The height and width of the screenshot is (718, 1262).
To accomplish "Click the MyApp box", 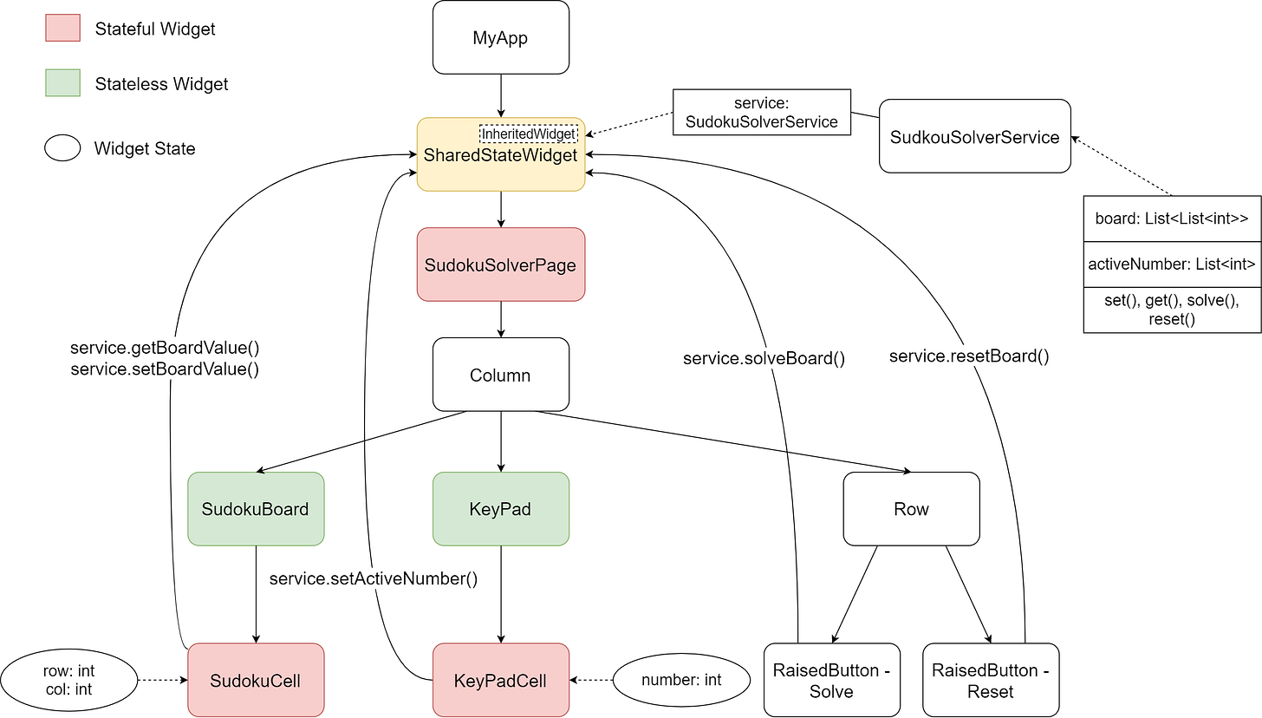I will [x=501, y=37].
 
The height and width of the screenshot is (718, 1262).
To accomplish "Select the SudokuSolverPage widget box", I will [x=501, y=264].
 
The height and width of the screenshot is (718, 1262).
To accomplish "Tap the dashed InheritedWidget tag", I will [x=528, y=134].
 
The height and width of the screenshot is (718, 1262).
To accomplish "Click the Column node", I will [x=501, y=375].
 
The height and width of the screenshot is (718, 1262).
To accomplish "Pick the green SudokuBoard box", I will [x=255, y=509].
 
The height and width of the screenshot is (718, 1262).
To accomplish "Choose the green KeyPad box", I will [x=501, y=509].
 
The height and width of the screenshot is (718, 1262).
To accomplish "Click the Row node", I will [x=911, y=509].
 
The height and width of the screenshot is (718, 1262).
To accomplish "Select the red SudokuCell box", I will [x=255, y=680].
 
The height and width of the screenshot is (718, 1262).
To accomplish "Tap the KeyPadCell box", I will [x=501, y=680].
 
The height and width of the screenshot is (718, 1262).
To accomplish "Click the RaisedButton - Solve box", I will [x=832, y=680].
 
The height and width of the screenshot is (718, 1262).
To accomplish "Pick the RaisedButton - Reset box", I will [x=991, y=680].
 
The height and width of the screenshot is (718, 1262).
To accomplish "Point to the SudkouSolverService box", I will [x=975, y=136].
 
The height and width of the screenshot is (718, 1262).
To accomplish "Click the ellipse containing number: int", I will [x=681, y=680].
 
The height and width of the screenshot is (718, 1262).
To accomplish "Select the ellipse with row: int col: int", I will [x=68, y=680].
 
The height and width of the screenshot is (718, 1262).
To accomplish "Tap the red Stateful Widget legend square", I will [x=62, y=29].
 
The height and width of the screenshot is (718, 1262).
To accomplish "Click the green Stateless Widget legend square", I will [x=62, y=83].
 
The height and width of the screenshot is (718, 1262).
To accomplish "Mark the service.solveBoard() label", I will [x=764, y=357].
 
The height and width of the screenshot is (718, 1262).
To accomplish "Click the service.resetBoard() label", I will [x=969, y=356].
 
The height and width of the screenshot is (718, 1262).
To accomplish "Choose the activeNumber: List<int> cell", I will [x=1172, y=264].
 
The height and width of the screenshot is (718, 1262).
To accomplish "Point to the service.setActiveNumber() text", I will [x=374, y=578].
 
